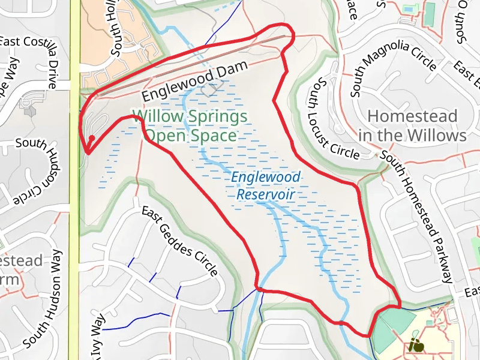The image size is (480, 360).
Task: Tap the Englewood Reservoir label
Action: [265, 186]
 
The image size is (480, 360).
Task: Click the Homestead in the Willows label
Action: [412, 125]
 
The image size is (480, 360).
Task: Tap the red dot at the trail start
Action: [91, 139]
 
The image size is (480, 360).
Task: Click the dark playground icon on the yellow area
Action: [416, 346]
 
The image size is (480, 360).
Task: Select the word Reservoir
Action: [265, 194]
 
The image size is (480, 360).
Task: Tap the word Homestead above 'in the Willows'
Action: [412, 116]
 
